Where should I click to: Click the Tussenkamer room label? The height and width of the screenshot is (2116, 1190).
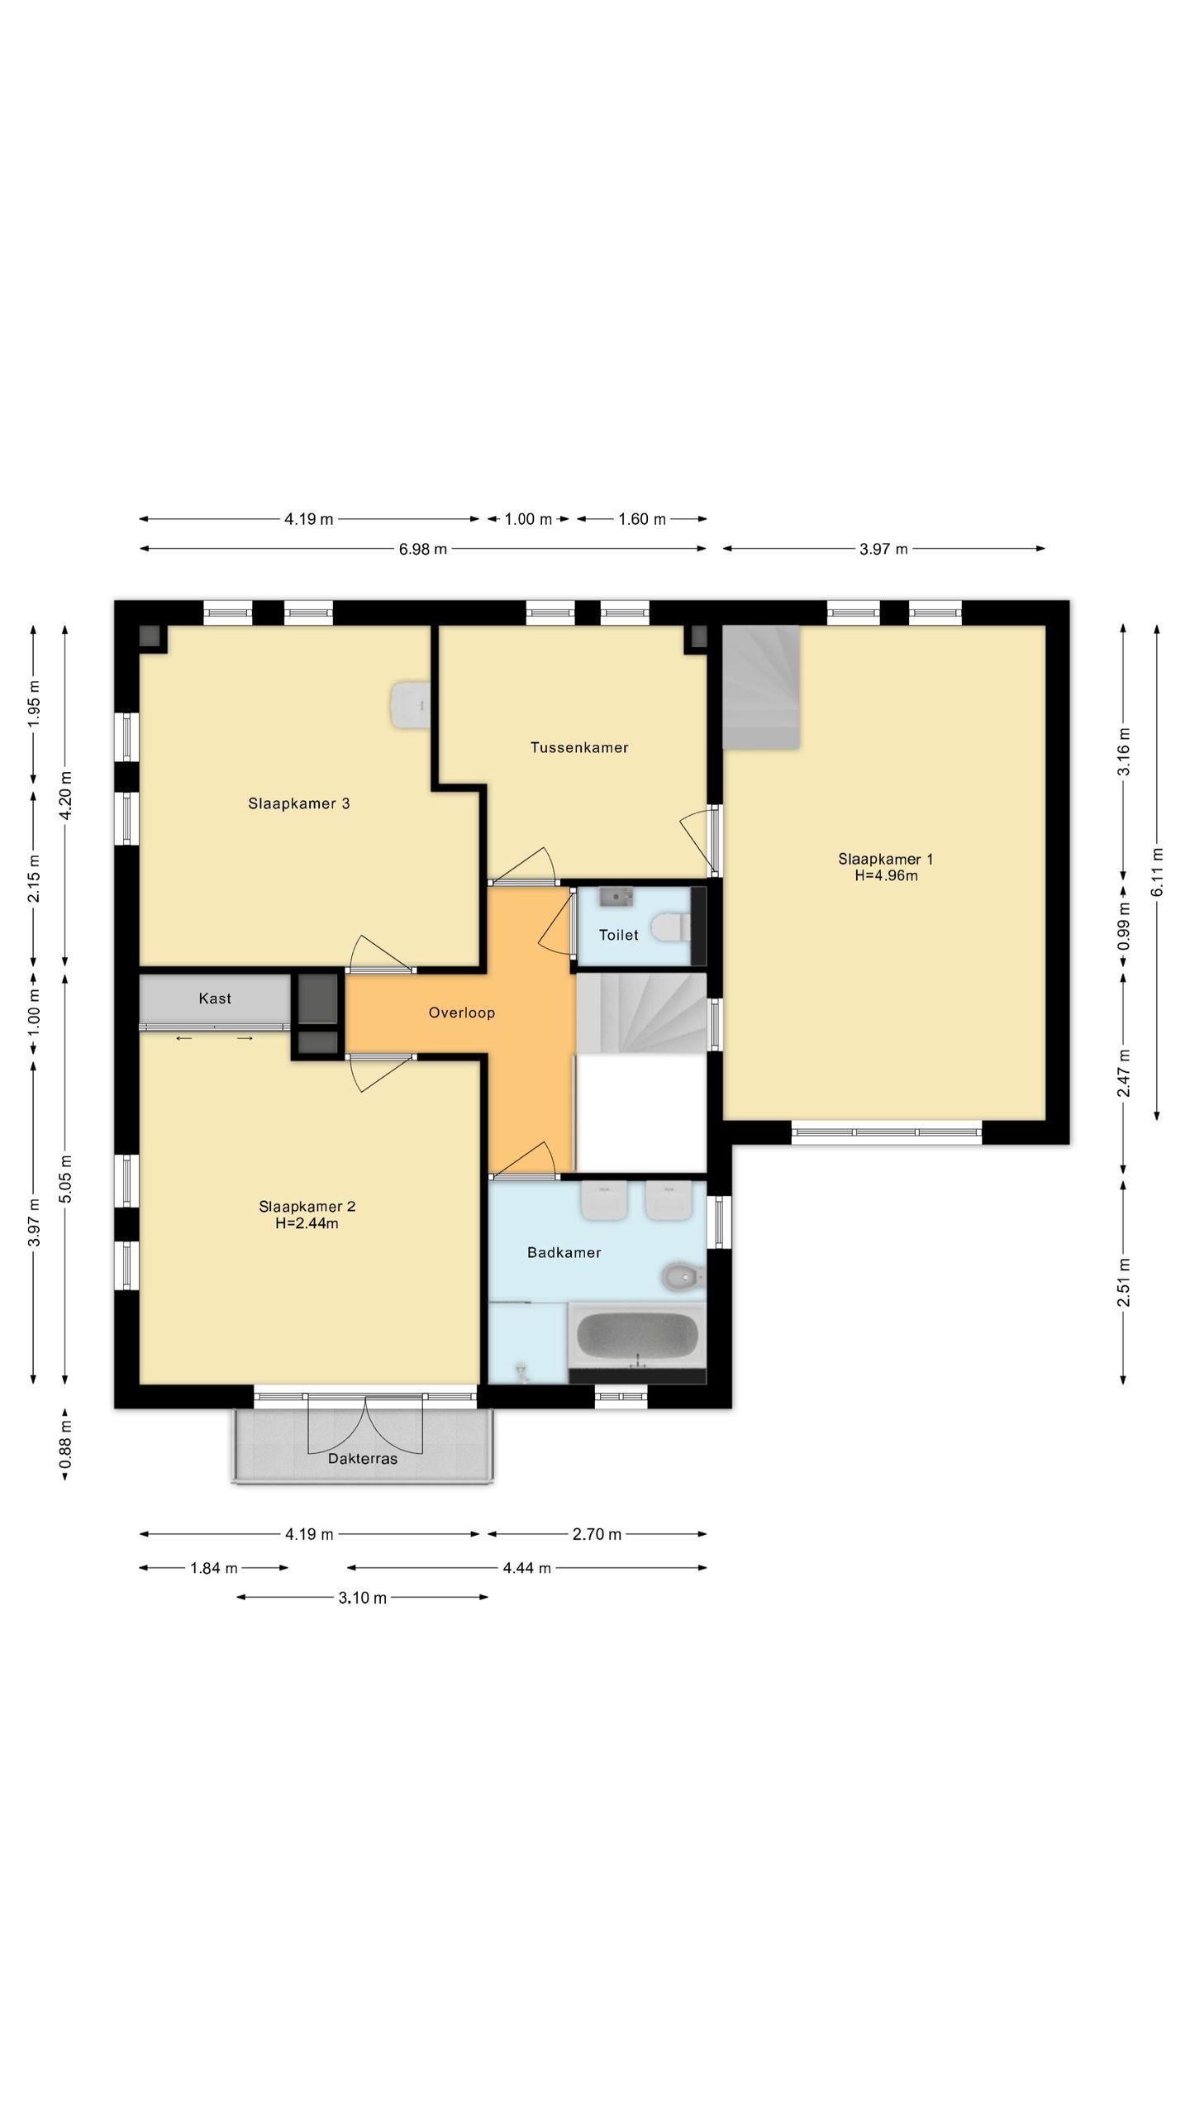coord(579,748)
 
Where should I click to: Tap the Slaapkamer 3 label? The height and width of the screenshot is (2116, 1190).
coord(299,803)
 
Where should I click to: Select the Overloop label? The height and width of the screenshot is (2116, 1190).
coord(462,1013)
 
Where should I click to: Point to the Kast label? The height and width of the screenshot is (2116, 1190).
coord(215,998)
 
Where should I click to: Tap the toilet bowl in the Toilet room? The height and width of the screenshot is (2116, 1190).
coord(670,927)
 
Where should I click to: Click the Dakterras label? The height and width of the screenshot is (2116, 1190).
coord(363,1459)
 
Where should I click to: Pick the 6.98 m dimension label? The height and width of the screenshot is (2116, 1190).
coord(423,549)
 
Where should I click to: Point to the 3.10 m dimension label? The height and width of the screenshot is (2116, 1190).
coord(363,1598)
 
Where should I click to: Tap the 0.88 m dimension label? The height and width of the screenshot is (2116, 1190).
coord(66,1444)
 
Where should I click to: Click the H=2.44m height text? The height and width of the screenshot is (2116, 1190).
coord(307,1223)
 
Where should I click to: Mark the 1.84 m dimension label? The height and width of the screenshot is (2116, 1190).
coord(214,1568)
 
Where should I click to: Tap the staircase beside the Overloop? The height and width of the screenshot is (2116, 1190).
coord(641,1013)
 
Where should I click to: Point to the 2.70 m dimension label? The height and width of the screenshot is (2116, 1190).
coord(597,1535)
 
